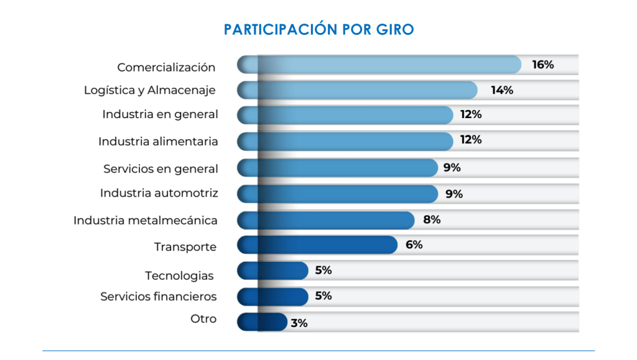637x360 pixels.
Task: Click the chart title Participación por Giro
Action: [x=318, y=29]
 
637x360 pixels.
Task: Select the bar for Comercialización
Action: [x=379, y=65]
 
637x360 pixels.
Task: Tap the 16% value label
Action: [x=542, y=65]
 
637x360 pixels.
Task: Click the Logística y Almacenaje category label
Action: [x=150, y=91]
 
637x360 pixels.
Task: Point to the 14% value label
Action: [x=501, y=90]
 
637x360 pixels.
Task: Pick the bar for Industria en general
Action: [x=345, y=115]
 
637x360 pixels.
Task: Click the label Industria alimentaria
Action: [x=158, y=142]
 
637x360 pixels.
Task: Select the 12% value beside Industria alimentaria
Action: [x=471, y=140]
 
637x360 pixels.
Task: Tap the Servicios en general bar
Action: [x=338, y=168]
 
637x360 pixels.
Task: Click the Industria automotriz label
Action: [x=159, y=193]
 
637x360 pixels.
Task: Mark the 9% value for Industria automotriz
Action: [x=454, y=194]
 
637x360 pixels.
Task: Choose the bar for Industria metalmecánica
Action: [x=326, y=220]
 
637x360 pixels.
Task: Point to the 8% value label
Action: [x=432, y=219]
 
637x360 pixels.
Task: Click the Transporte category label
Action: [x=185, y=247]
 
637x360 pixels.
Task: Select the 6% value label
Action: [x=414, y=245]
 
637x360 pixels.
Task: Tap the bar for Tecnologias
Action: [x=272, y=270]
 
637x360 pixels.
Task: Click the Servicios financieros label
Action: [x=159, y=297]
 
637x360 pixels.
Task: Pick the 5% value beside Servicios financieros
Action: [x=323, y=296]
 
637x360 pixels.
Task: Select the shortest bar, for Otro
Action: [x=262, y=321]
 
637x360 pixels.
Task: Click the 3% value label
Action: [x=299, y=323]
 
